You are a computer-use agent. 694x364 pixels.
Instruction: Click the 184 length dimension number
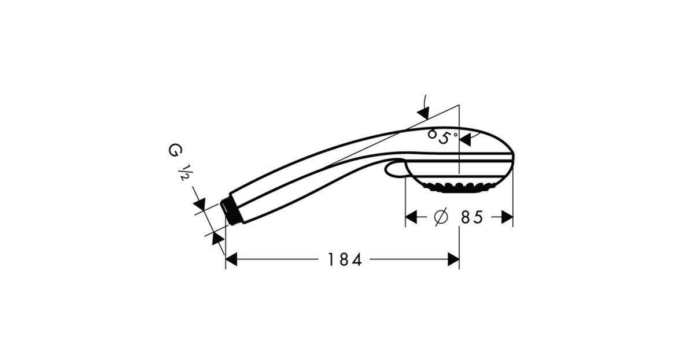(345, 259)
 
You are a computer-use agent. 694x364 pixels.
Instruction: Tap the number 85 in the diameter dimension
(472, 217)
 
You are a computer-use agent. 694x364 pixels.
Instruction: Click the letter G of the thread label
(175, 150)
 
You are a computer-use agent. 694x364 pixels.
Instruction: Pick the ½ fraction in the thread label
(184, 173)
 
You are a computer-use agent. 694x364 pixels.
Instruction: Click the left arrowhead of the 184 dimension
(231, 259)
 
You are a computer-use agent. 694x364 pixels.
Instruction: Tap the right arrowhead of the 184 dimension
(453, 259)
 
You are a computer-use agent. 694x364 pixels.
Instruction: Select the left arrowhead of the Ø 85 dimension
(411, 217)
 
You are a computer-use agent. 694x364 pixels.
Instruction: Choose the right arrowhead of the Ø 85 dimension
(507, 217)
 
